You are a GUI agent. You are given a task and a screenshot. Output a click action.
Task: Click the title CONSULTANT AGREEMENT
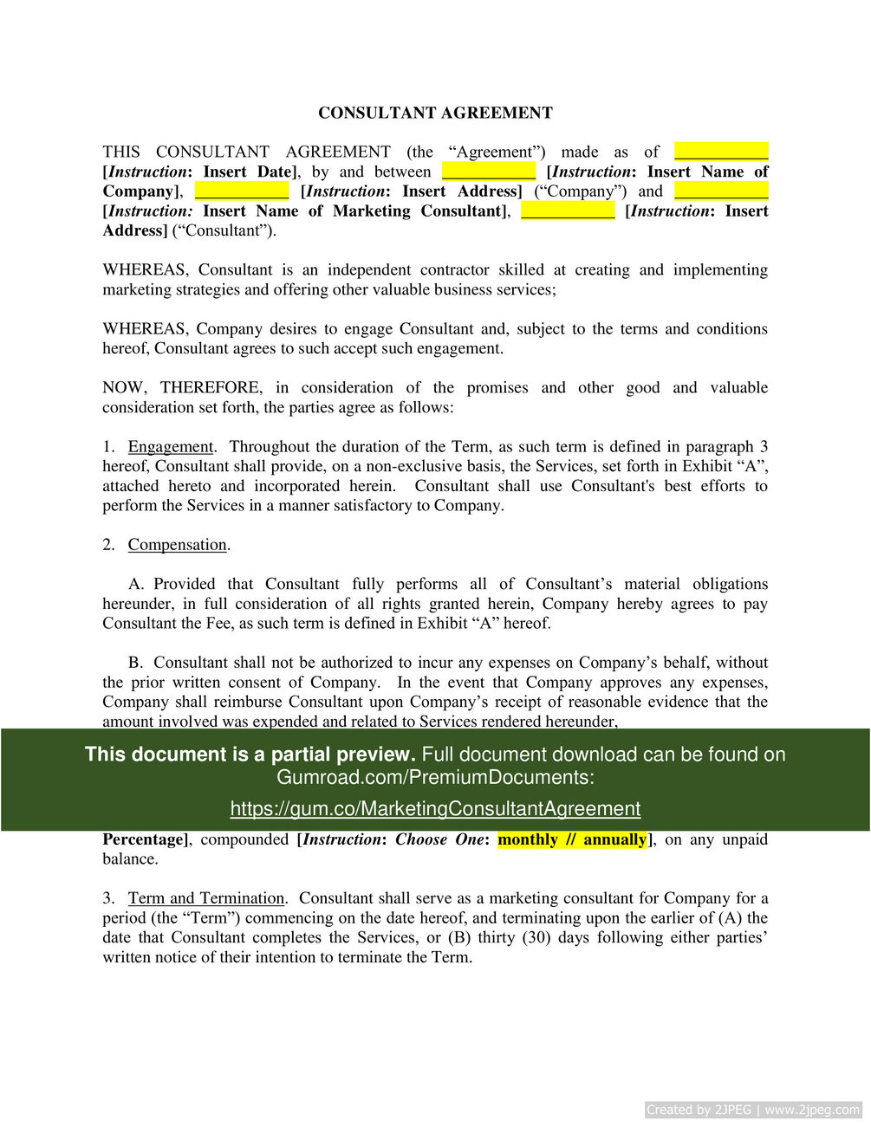click(x=435, y=113)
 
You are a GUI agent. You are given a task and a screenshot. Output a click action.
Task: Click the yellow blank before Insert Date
click(x=721, y=152)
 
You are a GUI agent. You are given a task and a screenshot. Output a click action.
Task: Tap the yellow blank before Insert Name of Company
click(x=489, y=172)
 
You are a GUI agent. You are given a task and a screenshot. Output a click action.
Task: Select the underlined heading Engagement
click(x=171, y=447)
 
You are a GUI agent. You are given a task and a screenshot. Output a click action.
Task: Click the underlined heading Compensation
click(x=177, y=545)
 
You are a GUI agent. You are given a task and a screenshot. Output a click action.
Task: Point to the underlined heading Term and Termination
click(x=206, y=898)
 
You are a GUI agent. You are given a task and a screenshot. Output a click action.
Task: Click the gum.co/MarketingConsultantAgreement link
click(x=435, y=809)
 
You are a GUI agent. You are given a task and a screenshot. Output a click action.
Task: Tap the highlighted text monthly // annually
click(x=572, y=839)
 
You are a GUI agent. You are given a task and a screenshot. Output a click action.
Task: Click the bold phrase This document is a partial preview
click(x=250, y=755)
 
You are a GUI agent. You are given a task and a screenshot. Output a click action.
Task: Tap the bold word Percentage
click(x=143, y=839)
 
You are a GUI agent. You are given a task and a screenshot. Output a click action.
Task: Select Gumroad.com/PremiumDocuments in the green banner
click(x=435, y=777)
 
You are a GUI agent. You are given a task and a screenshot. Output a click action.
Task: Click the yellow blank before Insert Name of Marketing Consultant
click(x=721, y=191)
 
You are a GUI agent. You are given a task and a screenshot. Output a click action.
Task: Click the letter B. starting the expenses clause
click(x=136, y=663)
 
